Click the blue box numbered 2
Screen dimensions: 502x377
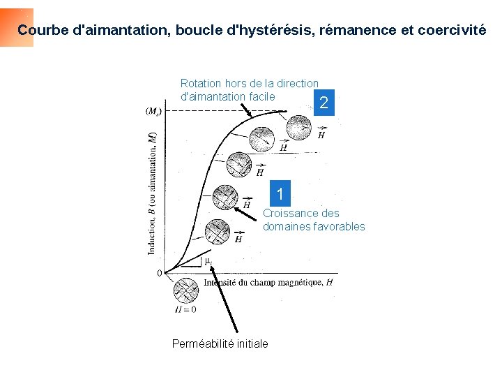click(322, 103)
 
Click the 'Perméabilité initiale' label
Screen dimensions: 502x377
click(220, 343)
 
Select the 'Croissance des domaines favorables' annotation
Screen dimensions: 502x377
click(313, 220)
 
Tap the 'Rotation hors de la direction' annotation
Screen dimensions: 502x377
click(249, 83)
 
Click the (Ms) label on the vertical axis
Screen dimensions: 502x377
click(154, 110)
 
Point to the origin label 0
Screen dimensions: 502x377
click(159, 273)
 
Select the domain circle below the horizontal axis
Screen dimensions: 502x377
click(185, 290)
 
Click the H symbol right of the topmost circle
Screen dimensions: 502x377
click(321, 135)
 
